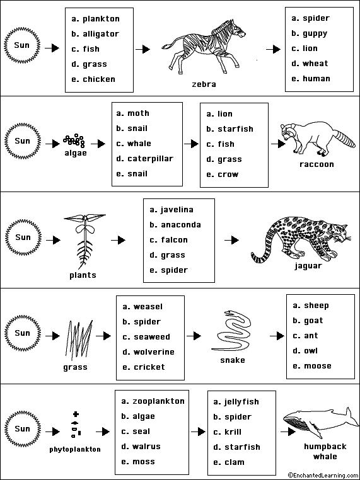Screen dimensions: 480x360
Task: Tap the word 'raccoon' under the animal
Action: [316, 164]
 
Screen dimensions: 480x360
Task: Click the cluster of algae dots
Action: [74, 140]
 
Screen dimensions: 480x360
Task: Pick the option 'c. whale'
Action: [133, 144]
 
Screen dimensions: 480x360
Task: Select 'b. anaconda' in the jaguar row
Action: [175, 225]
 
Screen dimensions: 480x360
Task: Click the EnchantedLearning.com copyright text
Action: [321, 475]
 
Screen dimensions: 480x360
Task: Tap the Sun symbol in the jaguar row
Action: [23, 238]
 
